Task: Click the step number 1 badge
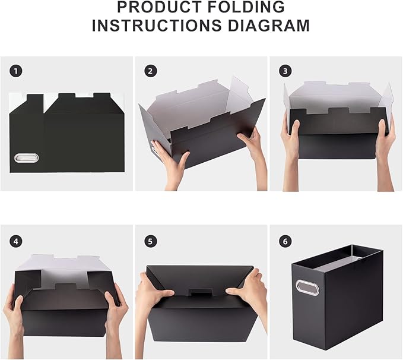(16, 71)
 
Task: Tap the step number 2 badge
(151, 71)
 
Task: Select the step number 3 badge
(285, 71)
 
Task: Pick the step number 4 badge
(16, 241)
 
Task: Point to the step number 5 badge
(151, 241)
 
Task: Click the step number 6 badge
(285, 241)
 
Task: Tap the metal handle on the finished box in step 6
(307, 288)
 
